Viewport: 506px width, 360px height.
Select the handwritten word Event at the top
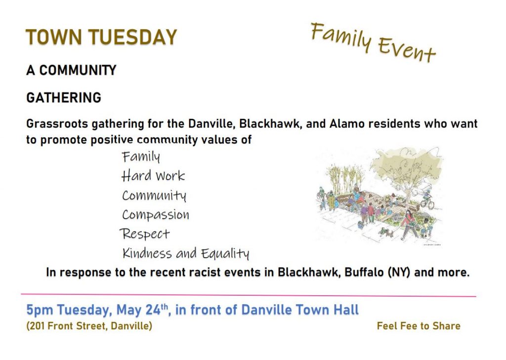coord(407,49)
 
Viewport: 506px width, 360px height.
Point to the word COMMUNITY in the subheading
coord(78,70)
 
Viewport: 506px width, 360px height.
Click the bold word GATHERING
coord(64,97)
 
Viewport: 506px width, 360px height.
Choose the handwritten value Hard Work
coord(153,176)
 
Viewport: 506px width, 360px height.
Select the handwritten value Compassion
coord(156,215)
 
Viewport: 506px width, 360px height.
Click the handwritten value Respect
coord(145,234)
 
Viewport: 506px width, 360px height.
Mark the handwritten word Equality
coord(225,254)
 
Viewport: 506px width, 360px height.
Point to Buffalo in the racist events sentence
coord(364,272)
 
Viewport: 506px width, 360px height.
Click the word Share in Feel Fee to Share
coord(446,326)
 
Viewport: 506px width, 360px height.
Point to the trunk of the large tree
coord(407,194)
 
